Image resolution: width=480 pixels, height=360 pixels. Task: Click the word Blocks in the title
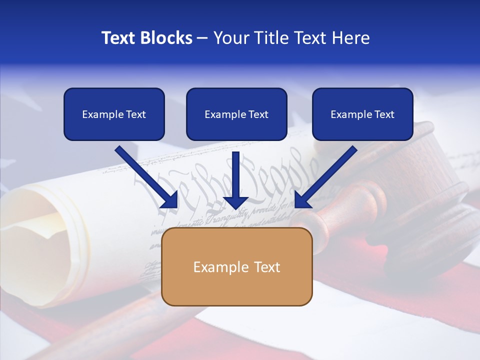click(167, 38)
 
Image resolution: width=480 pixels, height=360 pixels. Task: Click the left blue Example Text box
click(114, 114)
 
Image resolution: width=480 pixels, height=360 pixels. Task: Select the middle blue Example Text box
click(236, 114)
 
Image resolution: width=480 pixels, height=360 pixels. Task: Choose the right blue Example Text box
click(362, 114)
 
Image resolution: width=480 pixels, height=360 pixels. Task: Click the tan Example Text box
click(236, 266)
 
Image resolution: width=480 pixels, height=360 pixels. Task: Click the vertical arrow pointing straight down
click(236, 180)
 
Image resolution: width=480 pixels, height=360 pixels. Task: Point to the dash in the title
click(202, 38)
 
